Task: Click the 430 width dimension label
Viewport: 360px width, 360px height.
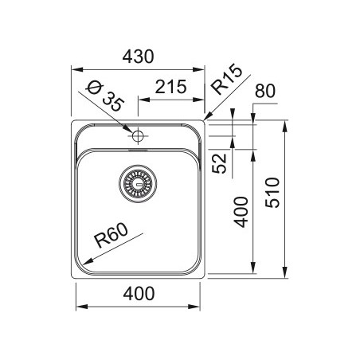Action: (138, 57)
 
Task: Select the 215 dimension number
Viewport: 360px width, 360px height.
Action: (170, 87)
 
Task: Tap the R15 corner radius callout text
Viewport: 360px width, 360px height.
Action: (226, 79)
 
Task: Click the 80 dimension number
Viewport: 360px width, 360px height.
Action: (265, 91)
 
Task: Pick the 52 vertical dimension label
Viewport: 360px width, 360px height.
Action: (220, 163)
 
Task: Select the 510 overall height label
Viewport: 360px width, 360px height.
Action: (272, 193)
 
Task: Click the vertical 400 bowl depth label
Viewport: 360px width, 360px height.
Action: (241, 212)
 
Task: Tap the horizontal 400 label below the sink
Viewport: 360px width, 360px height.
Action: (139, 293)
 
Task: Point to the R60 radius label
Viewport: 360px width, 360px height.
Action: (112, 235)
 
